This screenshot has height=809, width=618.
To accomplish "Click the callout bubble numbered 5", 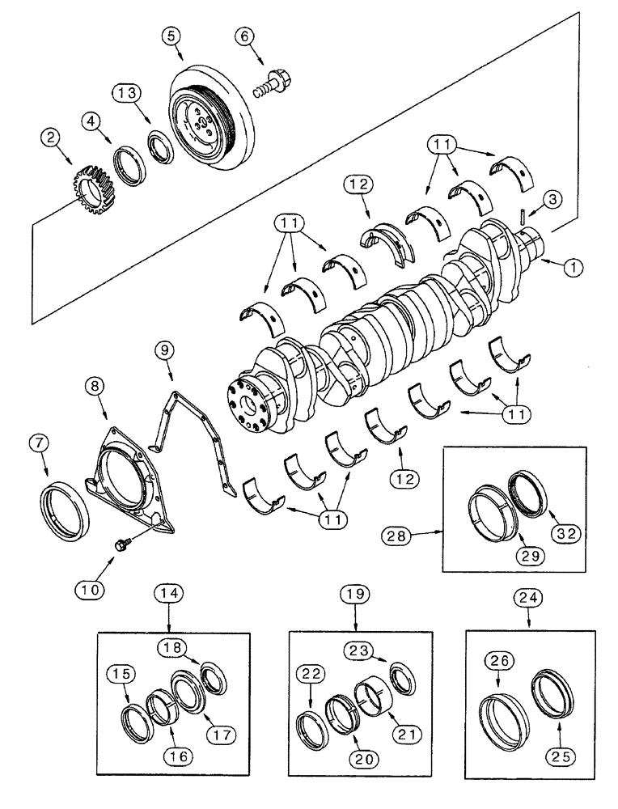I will [x=171, y=36].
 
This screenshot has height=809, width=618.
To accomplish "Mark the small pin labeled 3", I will [x=523, y=216].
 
